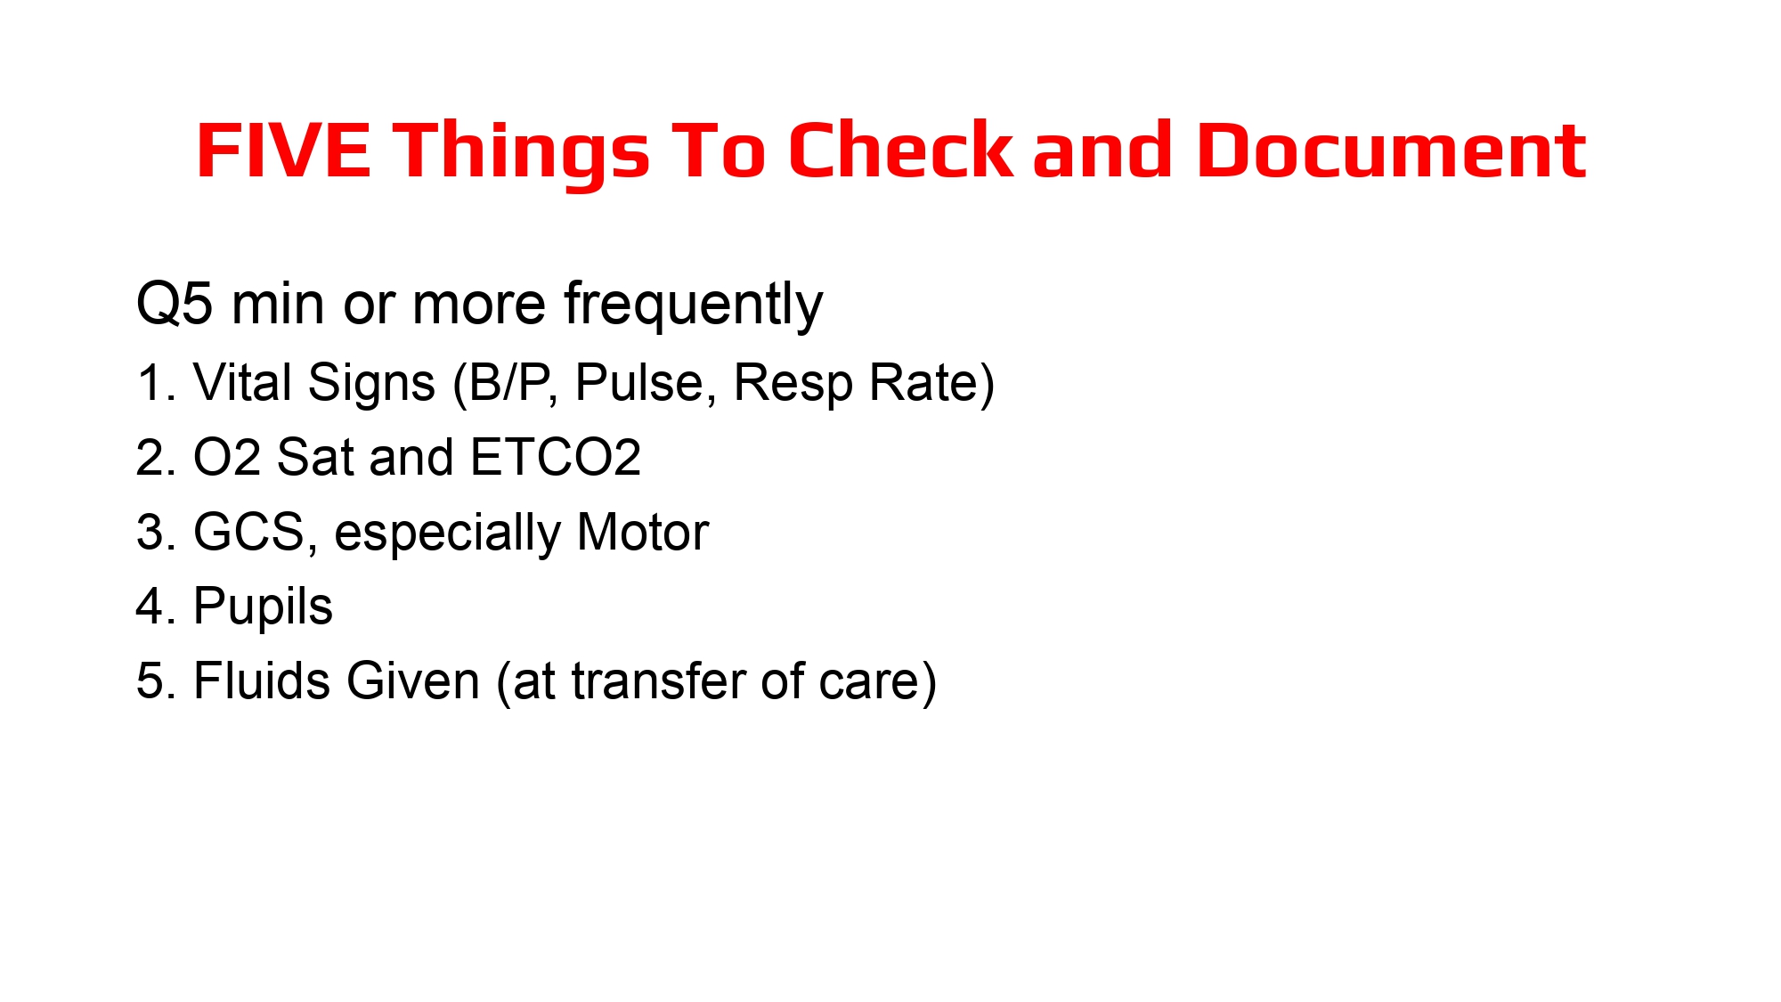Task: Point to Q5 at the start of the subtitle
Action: (175, 305)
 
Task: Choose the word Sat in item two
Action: (316, 458)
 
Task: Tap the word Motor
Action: (642, 533)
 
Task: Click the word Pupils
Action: (263, 608)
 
